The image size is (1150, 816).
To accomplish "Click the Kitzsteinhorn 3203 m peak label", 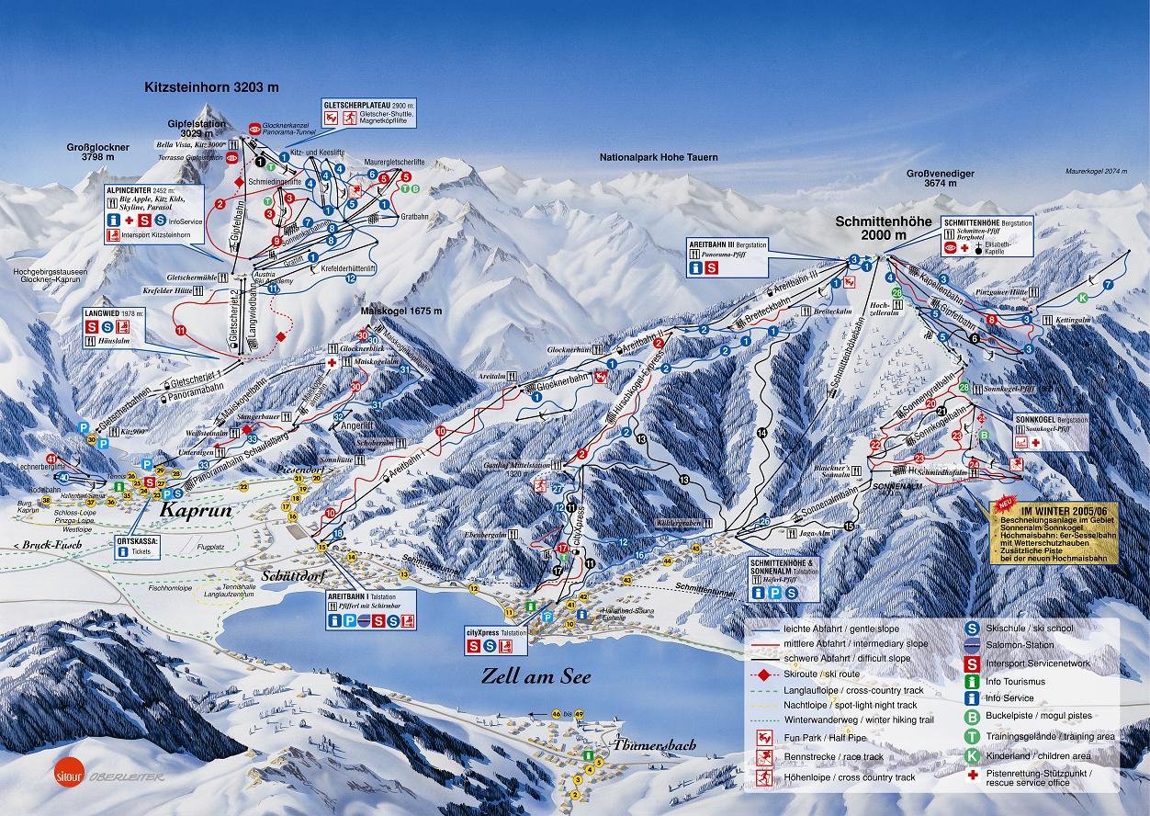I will tap(211, 87).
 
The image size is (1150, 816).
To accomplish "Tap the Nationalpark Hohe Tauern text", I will tap(659, 157).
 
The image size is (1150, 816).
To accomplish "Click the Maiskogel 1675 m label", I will tap(403, 311).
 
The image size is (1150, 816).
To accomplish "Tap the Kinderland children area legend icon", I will tap(971, 755).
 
